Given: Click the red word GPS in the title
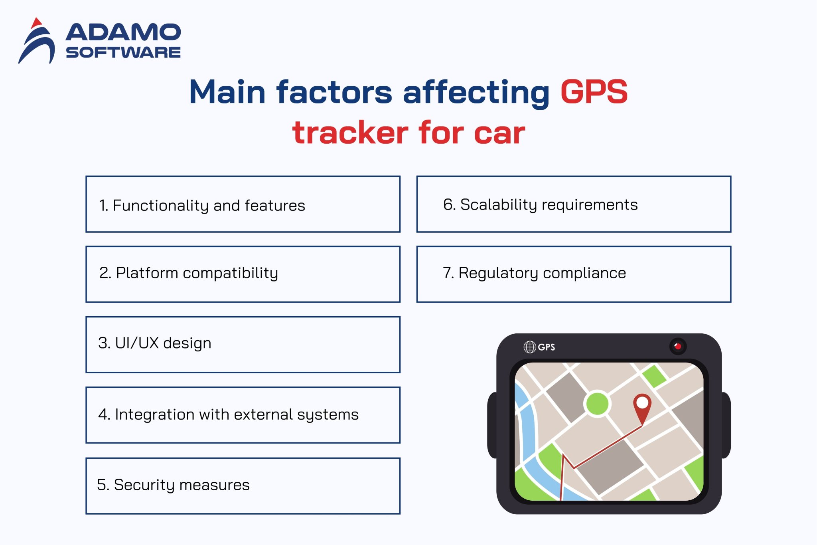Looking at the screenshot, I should [x=594, y=92].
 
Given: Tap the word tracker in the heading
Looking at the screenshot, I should [x=350, y=133].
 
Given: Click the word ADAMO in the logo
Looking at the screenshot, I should [x=123, y=33].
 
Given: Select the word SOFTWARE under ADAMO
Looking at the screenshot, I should [x=123, y=52].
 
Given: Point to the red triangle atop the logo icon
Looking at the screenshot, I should [x=37, y=23].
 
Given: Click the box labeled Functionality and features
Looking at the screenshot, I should [x=243, y=204].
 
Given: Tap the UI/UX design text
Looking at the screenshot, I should [x=155, y=343].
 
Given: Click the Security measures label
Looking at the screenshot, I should [x=173, y=485].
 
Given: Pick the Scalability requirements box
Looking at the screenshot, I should [x=573, y=204].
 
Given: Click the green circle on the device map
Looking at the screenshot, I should [x=597, y=404].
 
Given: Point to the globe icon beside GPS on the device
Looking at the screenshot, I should [x=530, y=347].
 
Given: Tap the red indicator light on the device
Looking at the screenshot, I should [x=678, y=346].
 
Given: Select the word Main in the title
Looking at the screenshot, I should [x=227, y=92].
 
